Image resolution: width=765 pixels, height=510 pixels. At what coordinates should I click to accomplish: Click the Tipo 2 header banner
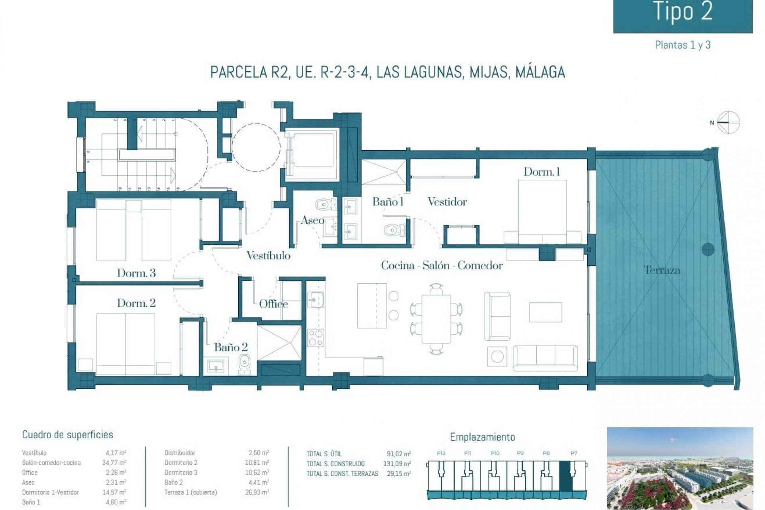(683, 14)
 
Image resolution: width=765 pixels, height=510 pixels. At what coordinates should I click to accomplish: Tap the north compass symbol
(728, 122)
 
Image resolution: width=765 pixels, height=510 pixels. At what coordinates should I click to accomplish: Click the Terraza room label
(662, 270)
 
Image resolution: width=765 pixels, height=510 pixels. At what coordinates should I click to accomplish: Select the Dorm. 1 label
(541, 172)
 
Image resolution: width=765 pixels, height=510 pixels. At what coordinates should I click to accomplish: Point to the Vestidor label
(447, 202)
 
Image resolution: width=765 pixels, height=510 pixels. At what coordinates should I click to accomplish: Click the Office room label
(273, 304)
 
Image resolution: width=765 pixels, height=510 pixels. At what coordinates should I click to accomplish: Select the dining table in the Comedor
(436, 318)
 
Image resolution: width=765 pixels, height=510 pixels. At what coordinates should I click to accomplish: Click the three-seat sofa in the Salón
(545, 355)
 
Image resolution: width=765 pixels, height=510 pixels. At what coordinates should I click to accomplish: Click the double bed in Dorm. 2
(126, 343)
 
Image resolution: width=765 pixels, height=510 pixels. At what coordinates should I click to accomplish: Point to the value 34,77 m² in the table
(114, 463)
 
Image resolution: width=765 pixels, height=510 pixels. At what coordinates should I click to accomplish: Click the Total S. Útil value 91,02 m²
(398, 454)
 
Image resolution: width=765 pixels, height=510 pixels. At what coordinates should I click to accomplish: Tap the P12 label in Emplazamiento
(441, 453)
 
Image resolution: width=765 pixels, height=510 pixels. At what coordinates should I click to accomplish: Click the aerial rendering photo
(680, 466)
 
